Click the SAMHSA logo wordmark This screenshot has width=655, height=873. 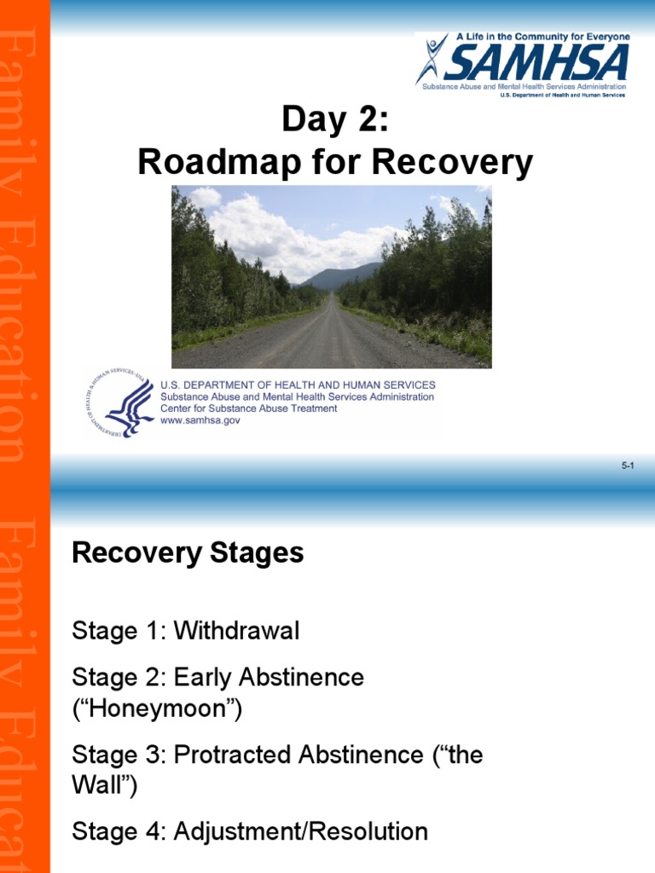tap(537, 61)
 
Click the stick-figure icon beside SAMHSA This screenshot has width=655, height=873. tap(432, 58)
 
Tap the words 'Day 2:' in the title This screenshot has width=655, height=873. tap(334, 121)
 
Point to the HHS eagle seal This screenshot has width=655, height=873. tap(120, 403)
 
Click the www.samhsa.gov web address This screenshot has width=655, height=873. tap(201, 420)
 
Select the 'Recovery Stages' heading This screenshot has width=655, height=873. tap(188, 552)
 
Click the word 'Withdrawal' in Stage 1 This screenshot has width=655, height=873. tap(236, 632)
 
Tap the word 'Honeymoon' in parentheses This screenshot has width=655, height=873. tap(157, 708)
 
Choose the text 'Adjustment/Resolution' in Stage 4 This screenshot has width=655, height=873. tap(300, 831)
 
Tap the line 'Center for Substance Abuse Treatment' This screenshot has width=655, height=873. tap(248, 408)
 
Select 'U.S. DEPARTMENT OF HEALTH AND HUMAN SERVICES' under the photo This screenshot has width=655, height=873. tap(298, 384)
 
